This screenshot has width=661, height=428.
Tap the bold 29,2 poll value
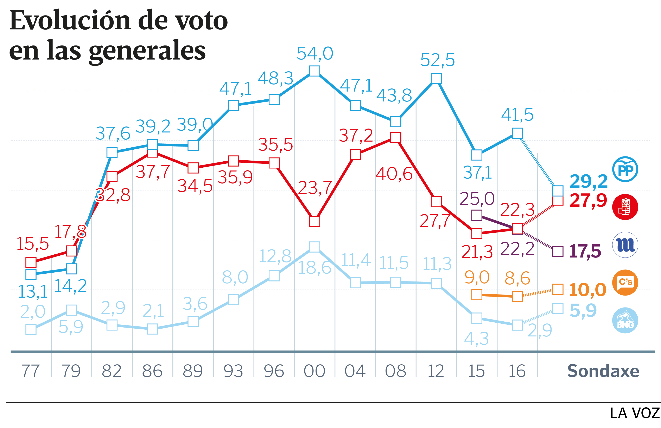coord(588,181)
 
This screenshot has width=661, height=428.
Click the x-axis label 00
coord(314,371)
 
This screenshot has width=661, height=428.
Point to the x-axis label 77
coord(31,371)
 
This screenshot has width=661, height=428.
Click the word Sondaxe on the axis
coord(603,371)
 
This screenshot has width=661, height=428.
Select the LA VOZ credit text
coord(634,413)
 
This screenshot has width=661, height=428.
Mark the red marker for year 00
coord(314,222)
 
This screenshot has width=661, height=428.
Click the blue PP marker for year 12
coord(436,78)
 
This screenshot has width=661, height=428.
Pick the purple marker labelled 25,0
coord(477,215)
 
